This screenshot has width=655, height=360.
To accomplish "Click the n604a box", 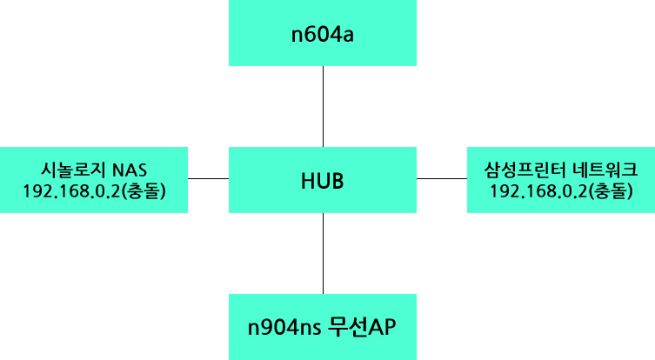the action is [x=323, y=32].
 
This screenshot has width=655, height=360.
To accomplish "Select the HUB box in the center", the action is [x=323, y=180].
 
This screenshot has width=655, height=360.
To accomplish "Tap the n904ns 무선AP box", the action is [x=323, y=327].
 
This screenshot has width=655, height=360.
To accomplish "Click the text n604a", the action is [x=323, y=34].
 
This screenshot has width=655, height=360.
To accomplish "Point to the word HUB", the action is [x=323, y=181].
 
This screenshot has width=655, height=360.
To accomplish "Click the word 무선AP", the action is [x=362, y=327].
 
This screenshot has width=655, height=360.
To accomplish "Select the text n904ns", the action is [x=284, y=328].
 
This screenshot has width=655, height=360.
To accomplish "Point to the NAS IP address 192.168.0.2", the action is [x=71, y=191].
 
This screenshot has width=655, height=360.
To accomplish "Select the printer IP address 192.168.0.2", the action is [x=538, y=191].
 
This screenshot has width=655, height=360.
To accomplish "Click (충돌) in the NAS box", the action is [x=144, y=191].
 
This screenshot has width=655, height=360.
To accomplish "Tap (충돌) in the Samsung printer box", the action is [x=611, y=191].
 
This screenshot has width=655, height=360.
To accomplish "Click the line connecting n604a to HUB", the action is [x=323, y=106].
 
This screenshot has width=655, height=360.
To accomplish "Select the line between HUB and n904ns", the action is [x=323, y=254].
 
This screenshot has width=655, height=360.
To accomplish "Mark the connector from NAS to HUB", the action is [x=209, y=179].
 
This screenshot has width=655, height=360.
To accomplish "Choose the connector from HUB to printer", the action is [x=442, y=179].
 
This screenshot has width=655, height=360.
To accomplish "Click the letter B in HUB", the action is [x=338, y=181].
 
